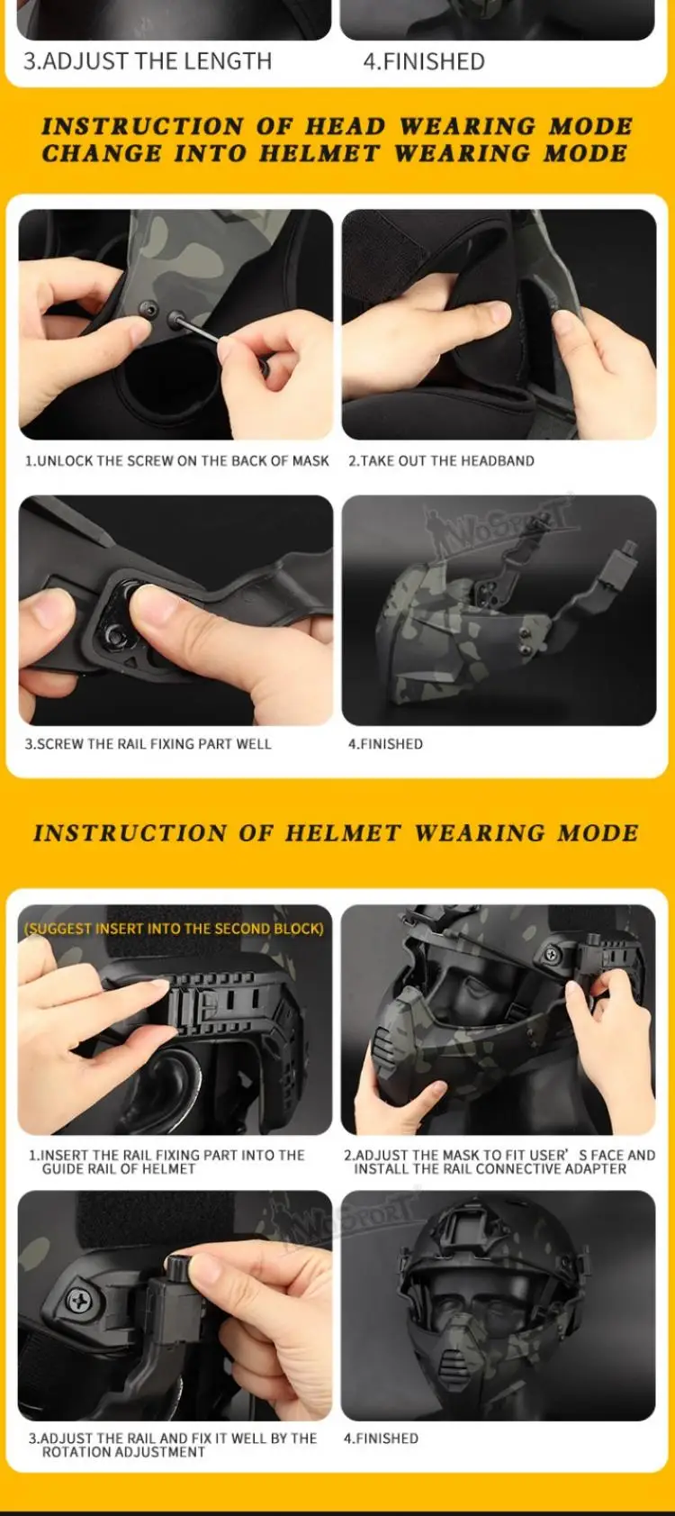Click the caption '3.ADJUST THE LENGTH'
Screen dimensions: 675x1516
[148, 61]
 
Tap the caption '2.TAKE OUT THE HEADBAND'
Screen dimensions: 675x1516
[441, 461]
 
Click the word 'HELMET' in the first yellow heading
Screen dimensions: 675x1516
[319, 154]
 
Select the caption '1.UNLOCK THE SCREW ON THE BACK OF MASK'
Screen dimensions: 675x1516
[176, 461]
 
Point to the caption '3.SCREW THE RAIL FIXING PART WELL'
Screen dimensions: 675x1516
[148, 744]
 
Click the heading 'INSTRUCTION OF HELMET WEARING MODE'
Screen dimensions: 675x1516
[336, 832]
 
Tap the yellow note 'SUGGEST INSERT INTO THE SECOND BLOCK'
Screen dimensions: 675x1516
[174, 929]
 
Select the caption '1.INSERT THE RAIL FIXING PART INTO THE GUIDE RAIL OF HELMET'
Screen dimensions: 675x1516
[166, 1162]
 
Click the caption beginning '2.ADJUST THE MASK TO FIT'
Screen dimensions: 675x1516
[499, 1162]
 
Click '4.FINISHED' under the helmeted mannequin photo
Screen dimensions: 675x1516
[381, 1439]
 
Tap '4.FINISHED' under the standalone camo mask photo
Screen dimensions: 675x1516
[385, 744]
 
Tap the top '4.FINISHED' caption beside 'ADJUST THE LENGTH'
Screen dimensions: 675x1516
[424, 61]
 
